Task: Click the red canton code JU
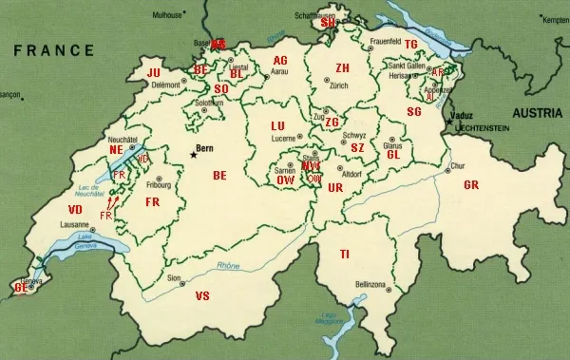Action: coord(153,72)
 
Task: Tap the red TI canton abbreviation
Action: coord(344,253)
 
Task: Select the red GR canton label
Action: coord(470,184)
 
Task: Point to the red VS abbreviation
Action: coord(201,296)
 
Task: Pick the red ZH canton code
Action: coord(343,68)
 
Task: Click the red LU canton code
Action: coord(277,125)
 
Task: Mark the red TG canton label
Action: coord(410,44)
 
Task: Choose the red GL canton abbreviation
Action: coord(392,154)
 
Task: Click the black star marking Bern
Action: coord(193,152)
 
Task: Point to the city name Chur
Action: coord(456,165)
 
